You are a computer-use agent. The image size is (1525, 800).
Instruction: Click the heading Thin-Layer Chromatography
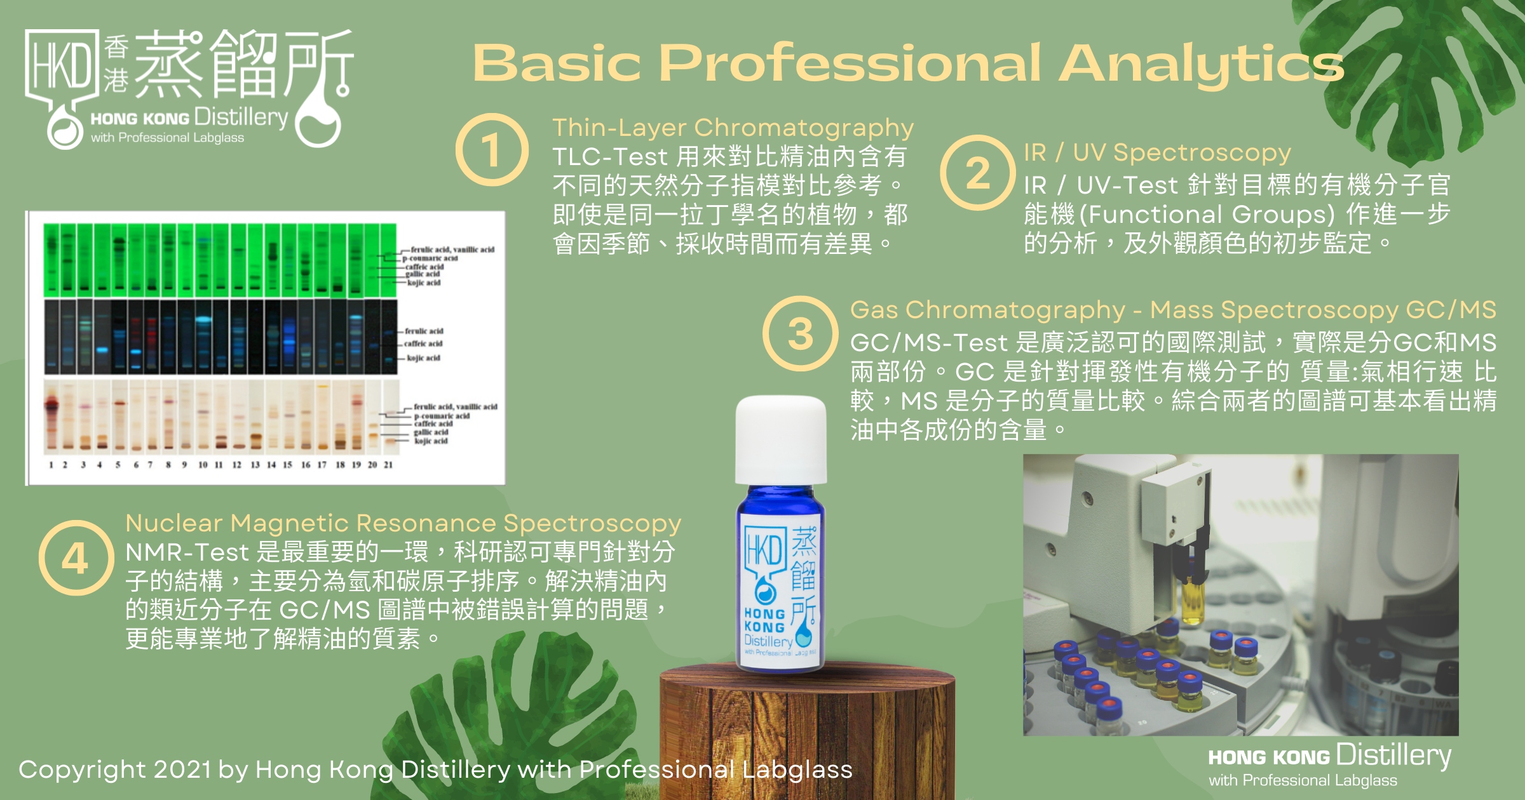733,128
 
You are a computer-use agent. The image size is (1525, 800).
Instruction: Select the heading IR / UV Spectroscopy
1157,152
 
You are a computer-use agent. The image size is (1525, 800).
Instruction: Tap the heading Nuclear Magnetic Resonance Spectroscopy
403,523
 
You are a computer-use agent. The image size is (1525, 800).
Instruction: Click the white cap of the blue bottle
781,440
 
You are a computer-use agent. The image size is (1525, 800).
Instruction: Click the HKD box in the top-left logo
62,65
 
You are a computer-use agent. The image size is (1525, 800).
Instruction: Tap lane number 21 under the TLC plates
388,465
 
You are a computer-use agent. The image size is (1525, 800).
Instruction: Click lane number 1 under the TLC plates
51,465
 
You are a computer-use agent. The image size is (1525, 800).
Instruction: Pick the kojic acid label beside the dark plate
423,358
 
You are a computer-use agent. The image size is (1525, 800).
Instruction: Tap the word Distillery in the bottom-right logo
1394,756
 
